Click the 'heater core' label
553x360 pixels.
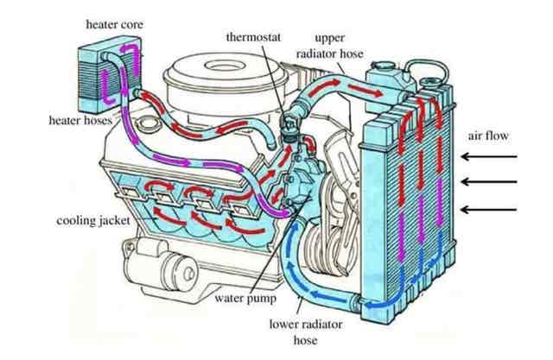tap(113, 24)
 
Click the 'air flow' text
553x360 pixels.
tap(489, 136)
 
